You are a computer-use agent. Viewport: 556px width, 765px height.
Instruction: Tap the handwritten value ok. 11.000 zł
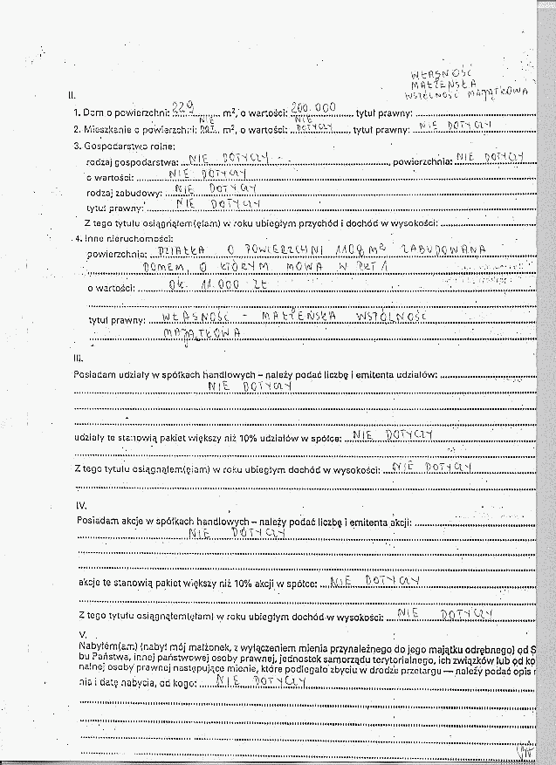pyautogui.click(x=197, y=284)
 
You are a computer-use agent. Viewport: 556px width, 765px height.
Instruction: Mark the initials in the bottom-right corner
pyautogui.click(x=525, y=748)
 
